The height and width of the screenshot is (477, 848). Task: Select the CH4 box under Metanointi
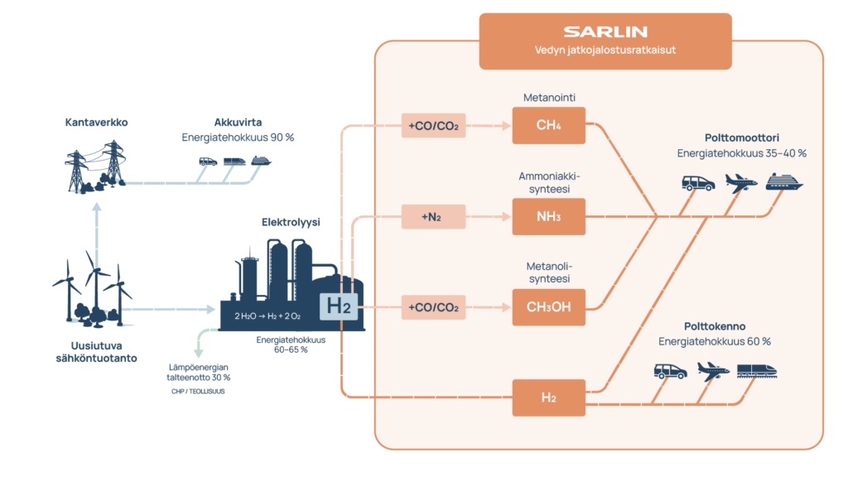(x=548, y=127)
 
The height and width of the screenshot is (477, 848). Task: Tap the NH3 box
(x=548, y=218)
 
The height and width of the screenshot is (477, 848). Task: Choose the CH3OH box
(x=548, y=308)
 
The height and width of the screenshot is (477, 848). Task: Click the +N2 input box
(x=430, y=218)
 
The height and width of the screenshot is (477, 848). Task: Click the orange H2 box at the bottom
(x=548, y=397)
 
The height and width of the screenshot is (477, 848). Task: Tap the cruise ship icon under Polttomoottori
(x=784, y=182)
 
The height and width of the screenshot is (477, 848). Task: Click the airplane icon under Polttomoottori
(x=740, y=182)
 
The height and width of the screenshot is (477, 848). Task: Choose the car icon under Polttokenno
(x=670, y=372)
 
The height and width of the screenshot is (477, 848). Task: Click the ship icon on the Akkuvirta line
(x=261, y=161)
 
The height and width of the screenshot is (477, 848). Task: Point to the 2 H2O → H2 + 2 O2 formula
(x=267, y=316)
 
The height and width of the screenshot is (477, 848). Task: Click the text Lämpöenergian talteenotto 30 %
(x=199, y=371)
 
